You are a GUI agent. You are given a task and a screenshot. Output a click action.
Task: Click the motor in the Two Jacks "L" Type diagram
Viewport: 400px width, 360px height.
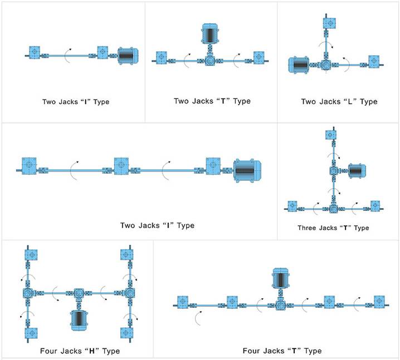300,65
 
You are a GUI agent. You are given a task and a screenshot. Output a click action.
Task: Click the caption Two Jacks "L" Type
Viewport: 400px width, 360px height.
339,102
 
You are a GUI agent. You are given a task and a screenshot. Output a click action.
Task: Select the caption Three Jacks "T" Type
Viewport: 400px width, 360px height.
333,228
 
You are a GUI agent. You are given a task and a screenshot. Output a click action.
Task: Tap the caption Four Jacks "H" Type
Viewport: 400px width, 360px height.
80,351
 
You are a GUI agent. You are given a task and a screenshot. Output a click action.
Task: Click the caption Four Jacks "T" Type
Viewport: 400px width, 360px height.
282,351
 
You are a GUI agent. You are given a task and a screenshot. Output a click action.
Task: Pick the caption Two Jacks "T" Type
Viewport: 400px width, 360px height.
212,101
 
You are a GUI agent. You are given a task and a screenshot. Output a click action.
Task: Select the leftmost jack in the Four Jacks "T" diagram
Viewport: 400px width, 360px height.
183,302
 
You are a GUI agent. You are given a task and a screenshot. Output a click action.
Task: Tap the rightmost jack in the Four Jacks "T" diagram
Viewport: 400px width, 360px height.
379,302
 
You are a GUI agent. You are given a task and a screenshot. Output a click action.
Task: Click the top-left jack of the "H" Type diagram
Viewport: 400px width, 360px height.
31,254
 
